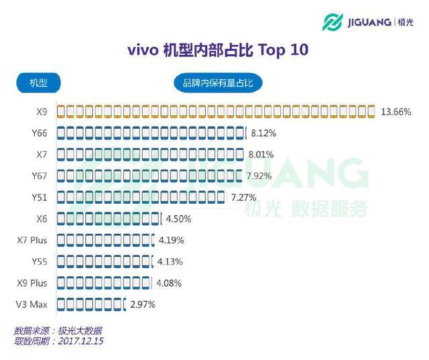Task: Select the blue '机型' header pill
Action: pos(39,83)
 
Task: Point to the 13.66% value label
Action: pos(395,111)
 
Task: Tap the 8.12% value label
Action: pos(263,133)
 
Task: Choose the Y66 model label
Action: pos(39,133)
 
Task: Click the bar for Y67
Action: pos(149,176)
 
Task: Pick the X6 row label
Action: pos(42,219)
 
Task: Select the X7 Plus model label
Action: pos(32,240)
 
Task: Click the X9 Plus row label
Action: pos(32,283)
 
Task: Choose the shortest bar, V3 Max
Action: pos(91,304)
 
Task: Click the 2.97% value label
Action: pos(142,304)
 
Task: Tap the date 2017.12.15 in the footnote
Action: pos(81,341)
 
